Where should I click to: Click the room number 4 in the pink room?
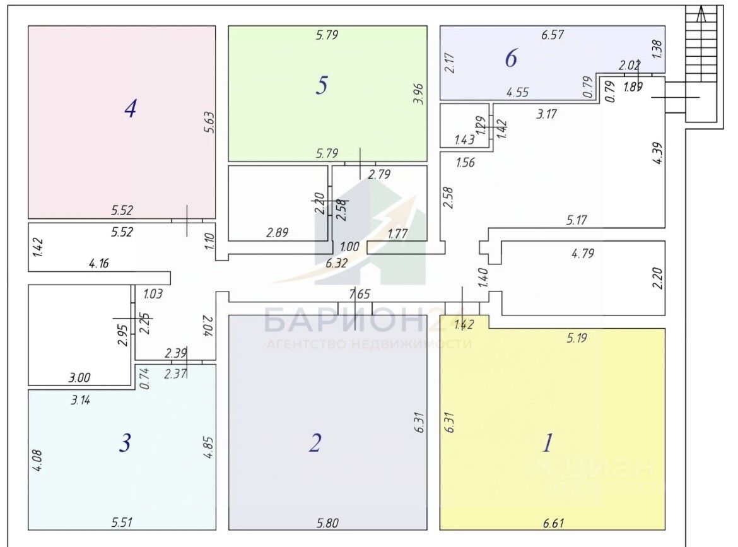tap(130, 109)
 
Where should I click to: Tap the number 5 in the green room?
tap(322, 85)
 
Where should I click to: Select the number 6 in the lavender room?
tap(511, 59)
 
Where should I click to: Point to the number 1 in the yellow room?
tap(548, 443)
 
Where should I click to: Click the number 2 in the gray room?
tap(315, 443)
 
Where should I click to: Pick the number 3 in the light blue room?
tap(125, 444)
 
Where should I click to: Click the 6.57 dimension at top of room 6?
tap(552, 35)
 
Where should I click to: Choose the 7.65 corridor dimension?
tap(359, 293)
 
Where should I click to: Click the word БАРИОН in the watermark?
tap(343, 321)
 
